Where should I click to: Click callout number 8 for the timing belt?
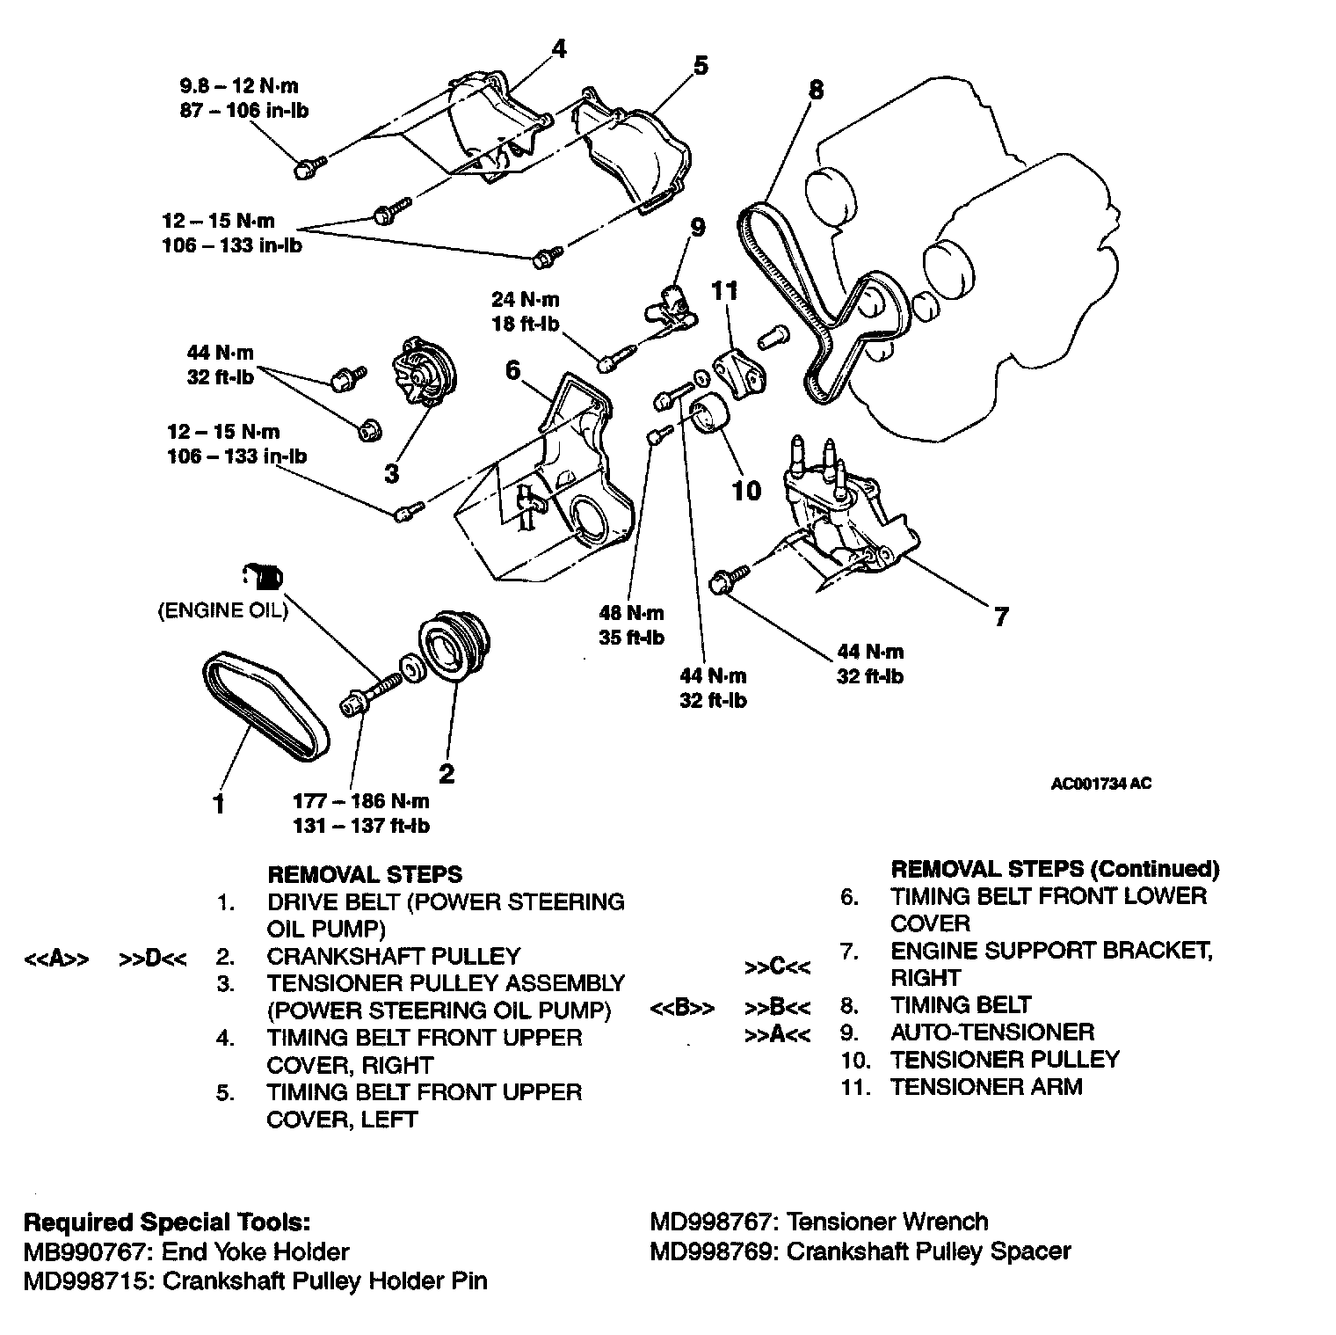(817, 89)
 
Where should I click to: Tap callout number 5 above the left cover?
(701, 65)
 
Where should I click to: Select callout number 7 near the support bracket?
(1001, 616)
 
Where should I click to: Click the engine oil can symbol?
(262, 577)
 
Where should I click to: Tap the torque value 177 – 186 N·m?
(361, 801)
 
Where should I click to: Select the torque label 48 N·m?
(631, 613)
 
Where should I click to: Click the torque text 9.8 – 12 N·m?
(239, 86)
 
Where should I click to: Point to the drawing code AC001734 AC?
(1100, 784)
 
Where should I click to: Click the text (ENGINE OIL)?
(222, 610)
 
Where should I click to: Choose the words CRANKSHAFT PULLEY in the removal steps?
(394, 956)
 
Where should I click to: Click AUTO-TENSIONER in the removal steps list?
(992, 1032)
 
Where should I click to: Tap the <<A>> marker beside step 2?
(55, 959)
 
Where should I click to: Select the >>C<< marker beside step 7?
(777, 967)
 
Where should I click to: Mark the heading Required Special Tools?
(166, 1222)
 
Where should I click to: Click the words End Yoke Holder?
(255, 1251)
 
